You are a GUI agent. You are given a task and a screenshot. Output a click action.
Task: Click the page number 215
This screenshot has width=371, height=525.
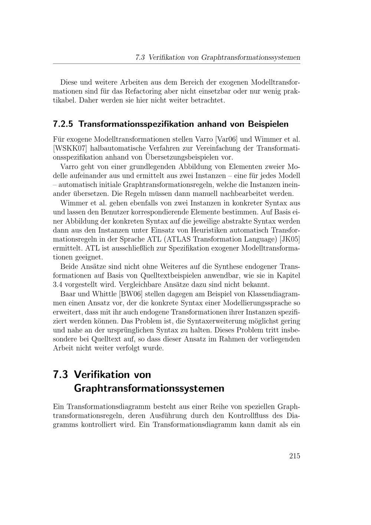pyautogui.click(x=295, y=456)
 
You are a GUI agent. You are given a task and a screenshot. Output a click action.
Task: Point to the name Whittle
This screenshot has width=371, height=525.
pyautogui.click(x=104, y=294)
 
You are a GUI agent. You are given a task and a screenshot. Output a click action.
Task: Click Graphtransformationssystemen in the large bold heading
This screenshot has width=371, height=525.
pyautogui.click(x=149, y=388)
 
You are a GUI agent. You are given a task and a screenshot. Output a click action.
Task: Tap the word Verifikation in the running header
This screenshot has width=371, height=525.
pyautogui.click(x=166, y=58)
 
